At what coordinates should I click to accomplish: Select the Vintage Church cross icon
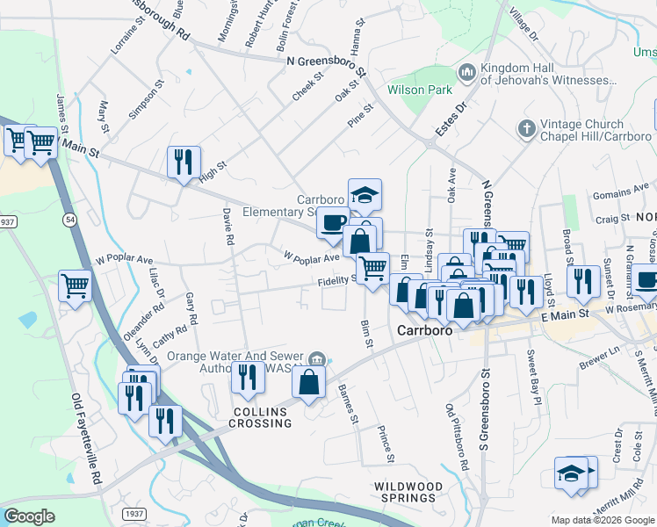pos(526,130)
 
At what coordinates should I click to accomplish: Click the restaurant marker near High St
pos(184,162)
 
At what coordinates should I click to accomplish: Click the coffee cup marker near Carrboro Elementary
pos(333,224)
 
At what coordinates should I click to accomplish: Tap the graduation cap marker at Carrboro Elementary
pos(365,195)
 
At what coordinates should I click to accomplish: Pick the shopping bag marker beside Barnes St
pos(308,381)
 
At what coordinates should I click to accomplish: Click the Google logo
pos(30,516)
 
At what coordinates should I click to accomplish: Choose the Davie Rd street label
pos(228,226)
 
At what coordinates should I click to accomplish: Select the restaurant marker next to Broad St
pos(581,281)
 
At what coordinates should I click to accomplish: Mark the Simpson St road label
pos(146,101)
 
